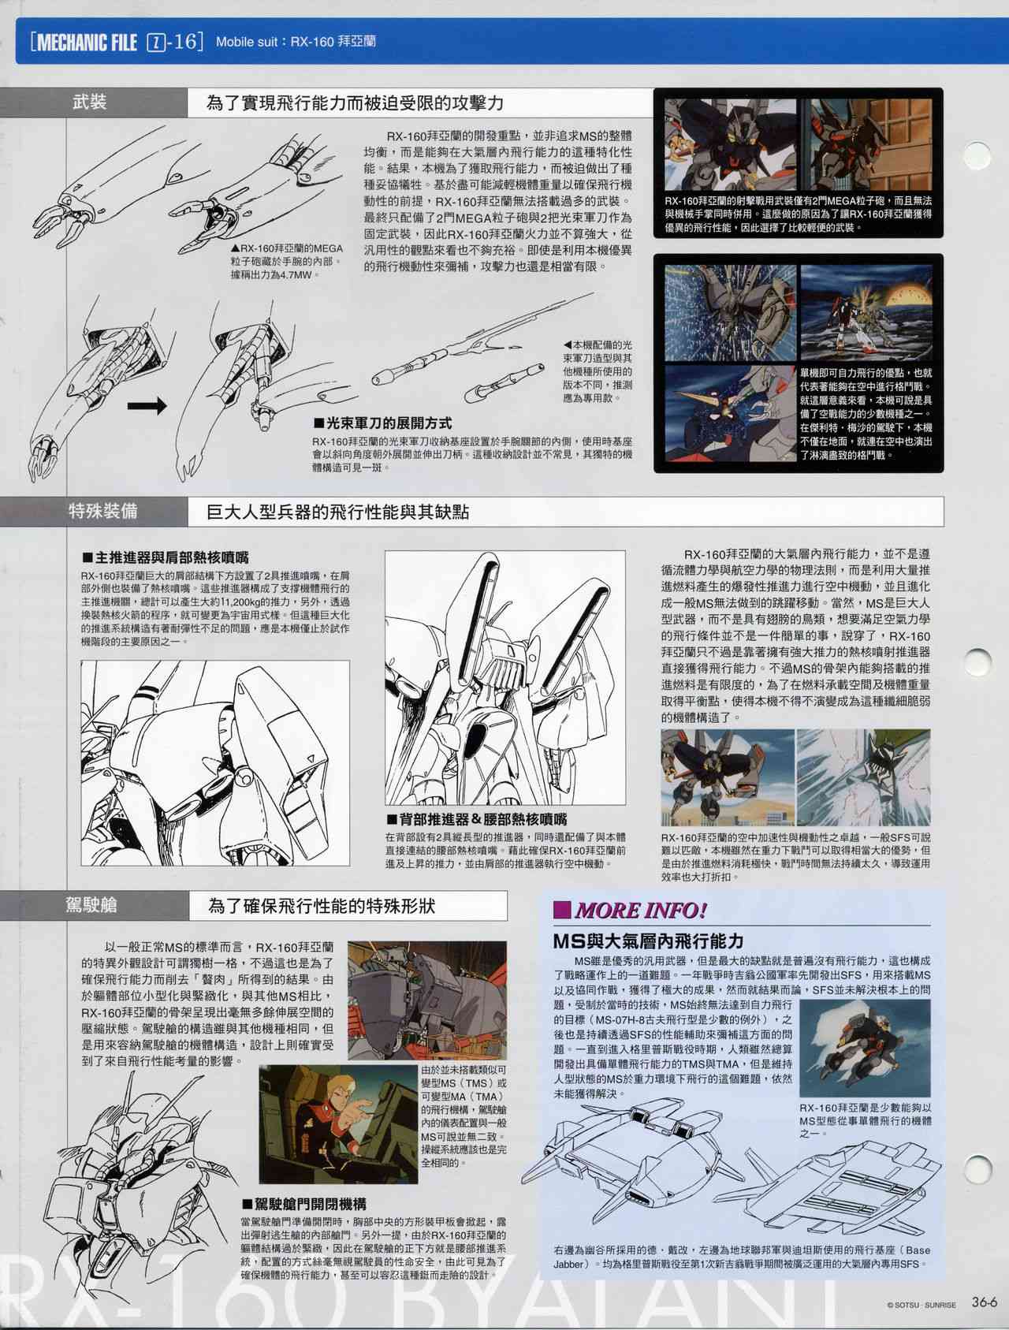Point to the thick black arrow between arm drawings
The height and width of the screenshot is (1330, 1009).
[x=147, y=406]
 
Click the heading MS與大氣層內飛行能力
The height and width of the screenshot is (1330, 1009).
[x=648, y=941]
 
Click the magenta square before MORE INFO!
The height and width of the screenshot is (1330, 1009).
[x=563, y=911]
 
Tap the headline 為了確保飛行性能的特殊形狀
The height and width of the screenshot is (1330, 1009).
[x=322, y=906]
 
